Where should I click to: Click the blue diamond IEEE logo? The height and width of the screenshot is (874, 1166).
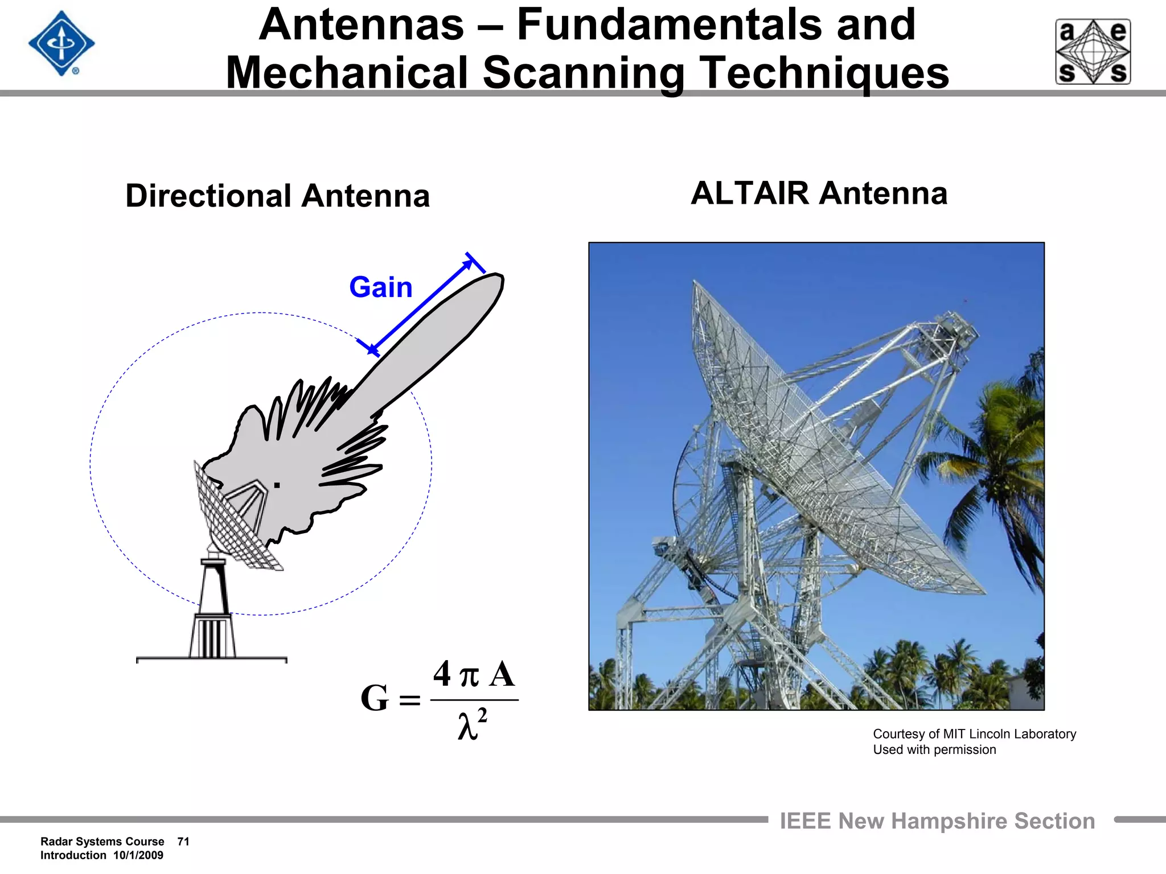61,44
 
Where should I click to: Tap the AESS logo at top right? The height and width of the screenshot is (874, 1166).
1093,52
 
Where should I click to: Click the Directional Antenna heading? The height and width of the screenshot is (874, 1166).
277,196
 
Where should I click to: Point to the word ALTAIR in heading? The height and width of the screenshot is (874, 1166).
749,193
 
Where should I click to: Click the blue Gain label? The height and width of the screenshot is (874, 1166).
380,287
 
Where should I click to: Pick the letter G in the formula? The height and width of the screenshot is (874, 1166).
374,699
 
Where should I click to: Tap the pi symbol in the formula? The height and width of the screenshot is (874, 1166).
469,676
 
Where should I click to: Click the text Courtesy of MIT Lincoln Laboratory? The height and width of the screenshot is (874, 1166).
974,734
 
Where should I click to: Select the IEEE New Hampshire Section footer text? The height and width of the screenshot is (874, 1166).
937,821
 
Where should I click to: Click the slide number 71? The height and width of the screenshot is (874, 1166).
183,842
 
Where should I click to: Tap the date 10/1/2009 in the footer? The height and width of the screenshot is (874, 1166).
138,855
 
